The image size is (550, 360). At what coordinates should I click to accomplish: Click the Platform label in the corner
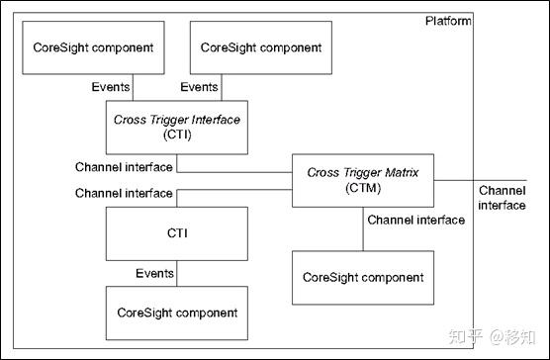(447, 21)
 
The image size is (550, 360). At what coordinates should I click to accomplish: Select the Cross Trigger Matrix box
(363, 180)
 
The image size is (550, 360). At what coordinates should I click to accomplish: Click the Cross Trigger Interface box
(175, 128)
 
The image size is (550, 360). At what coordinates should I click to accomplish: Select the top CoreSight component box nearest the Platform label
(261, 47)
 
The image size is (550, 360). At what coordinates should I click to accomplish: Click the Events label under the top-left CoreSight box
(111, 87)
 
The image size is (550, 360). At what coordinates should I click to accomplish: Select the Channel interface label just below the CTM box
(415, 220)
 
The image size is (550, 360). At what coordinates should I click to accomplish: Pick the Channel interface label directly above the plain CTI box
(124, 193)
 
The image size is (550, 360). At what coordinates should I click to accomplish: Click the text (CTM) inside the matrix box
(363, 188)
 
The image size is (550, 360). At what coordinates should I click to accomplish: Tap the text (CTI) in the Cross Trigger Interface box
(175, 135)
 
